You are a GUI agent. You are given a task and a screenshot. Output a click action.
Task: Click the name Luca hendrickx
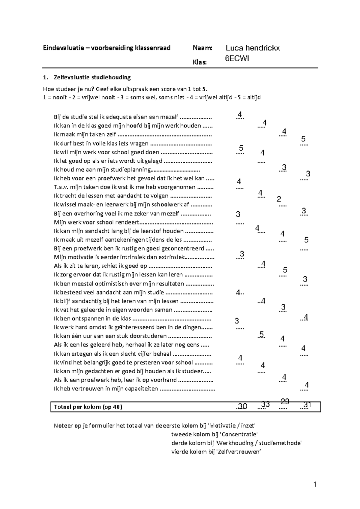pyautogui.click(x=253, y=48)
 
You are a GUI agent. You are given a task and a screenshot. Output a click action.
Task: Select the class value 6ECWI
pyautogui.click(x=237, y=59)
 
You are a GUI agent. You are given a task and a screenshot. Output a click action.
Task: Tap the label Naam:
pyautogui.click(x=202, y=48)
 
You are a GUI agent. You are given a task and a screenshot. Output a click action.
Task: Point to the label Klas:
pyautogui.click(x=199, y=62)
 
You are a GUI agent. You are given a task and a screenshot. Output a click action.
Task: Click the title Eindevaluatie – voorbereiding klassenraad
pyautogui.click(x=106, y=48)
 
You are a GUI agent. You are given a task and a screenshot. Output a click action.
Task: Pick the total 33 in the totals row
pyautogui.click(x=265, y=404)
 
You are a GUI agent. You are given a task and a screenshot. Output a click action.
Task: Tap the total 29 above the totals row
pyautogui.click(x=285, y=401)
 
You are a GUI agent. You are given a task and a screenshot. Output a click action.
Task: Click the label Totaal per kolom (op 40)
pyautogui.click(x=88, y=407)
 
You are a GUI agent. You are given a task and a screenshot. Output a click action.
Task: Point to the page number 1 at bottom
pyautogui.click(x=315, y=484)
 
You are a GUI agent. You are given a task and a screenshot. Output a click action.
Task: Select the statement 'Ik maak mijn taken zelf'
pyautogui.click(x=85, y=134)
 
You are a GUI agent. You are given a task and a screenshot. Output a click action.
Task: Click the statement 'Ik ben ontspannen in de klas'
pyautogui.click(x=92, y=318)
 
